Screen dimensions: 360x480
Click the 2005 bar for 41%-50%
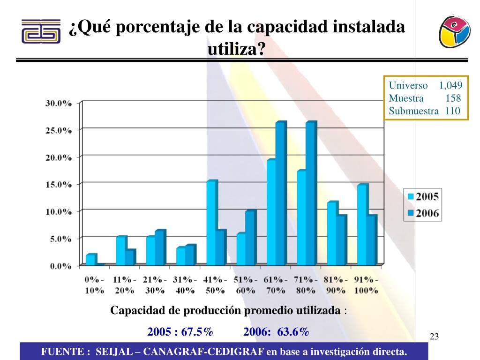pyautogui.click(x=211, y=223)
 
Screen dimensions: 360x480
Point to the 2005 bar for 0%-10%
pyautogui.click(x=90, y=260)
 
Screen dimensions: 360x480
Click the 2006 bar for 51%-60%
pyautogui.click(x=250, y=238)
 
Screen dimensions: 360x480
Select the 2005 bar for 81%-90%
pyautogui.click(x=332, y=233)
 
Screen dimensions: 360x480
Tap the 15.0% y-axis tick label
pyautogui.click(x=58, y=184)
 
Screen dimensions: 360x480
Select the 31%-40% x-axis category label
pyautogui.click(x=185, y=285)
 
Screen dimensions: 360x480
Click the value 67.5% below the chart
pyautogui.click(x=197, y=332)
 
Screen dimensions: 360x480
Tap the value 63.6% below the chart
pyautogui.click(x=293, y=332)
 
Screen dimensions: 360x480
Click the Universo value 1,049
pyautogui.click(x=450, y=85)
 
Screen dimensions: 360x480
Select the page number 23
pyautogui.click(x=434, y=336)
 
